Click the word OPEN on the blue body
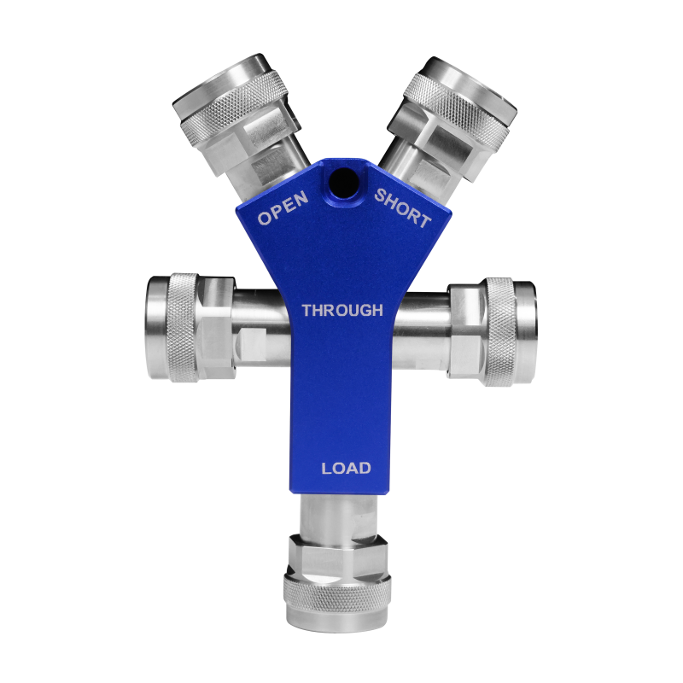coord(283,208)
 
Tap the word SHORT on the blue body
coord(403,208)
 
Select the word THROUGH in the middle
coord(342,311)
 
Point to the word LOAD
coord(346,468)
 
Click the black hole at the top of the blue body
coord(344,182)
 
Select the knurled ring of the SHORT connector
coord(456,107)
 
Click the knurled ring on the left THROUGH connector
coord(184,328)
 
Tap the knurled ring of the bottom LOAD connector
coord(337,593)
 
